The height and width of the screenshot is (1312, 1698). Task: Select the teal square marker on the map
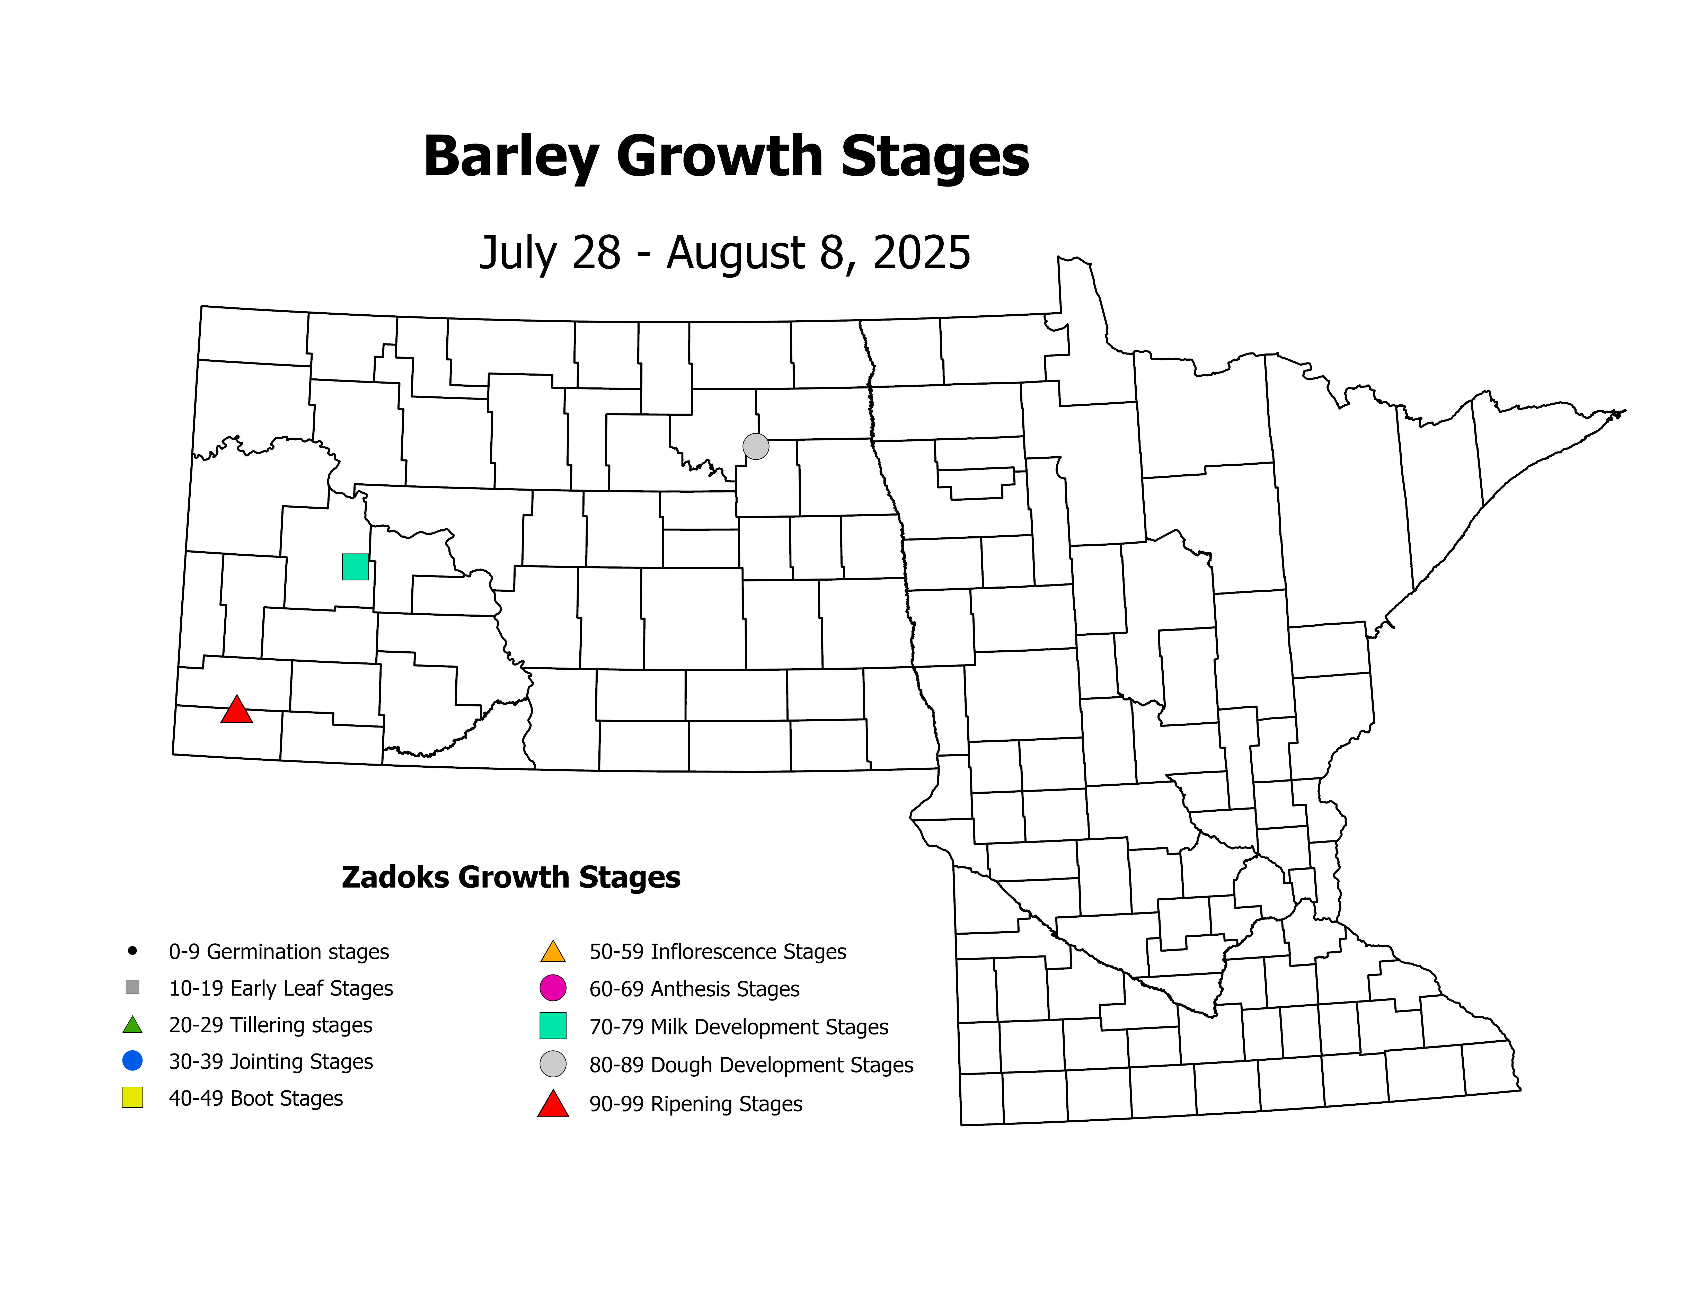[x=355, y=567]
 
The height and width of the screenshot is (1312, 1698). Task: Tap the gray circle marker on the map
[x=756, y=446]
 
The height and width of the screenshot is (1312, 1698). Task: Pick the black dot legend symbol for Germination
[x=132, y=951]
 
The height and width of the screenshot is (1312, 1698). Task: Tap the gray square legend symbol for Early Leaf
[x=132, y=987]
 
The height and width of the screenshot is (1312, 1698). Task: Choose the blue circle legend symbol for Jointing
[x=132, y=1060]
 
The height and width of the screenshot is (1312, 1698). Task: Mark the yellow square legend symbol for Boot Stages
[x=132, y=1097]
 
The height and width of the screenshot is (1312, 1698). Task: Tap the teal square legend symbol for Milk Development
[x=553, y=1026]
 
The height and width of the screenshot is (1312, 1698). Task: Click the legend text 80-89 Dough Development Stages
[x=751, y=1065]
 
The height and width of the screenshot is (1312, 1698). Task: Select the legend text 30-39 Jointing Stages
[x=271, y=1062]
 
